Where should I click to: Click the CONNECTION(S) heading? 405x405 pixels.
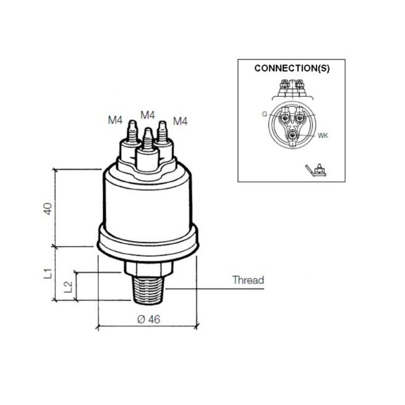pos(292,68)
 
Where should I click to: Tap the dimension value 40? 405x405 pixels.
pos(47,209)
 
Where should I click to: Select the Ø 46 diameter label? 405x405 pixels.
pos(149,319)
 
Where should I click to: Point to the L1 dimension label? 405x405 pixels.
pos(48,273)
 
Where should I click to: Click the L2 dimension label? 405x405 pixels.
pos(68,287)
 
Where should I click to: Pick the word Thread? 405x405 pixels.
pos(248,280)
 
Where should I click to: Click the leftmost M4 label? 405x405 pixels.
pos(115,120)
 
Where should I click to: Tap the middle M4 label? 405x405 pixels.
pos(147,115)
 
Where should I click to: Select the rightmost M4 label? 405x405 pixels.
pos(180,121)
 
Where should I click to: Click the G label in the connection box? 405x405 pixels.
pos(265,114)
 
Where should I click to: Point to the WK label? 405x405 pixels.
pos(323,135)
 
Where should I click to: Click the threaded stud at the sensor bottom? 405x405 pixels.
pos(149,290)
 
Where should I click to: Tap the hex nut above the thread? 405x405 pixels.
pos(149,268)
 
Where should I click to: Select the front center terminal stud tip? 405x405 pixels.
pos(147,129)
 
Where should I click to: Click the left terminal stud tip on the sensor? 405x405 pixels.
pos(132,121)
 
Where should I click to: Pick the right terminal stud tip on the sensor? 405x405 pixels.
pos(162,122)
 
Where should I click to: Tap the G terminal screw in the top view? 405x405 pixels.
pos(285,118)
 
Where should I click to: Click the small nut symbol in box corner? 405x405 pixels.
pos(316,170)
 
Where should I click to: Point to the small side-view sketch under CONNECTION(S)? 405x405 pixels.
pos(292,89)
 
